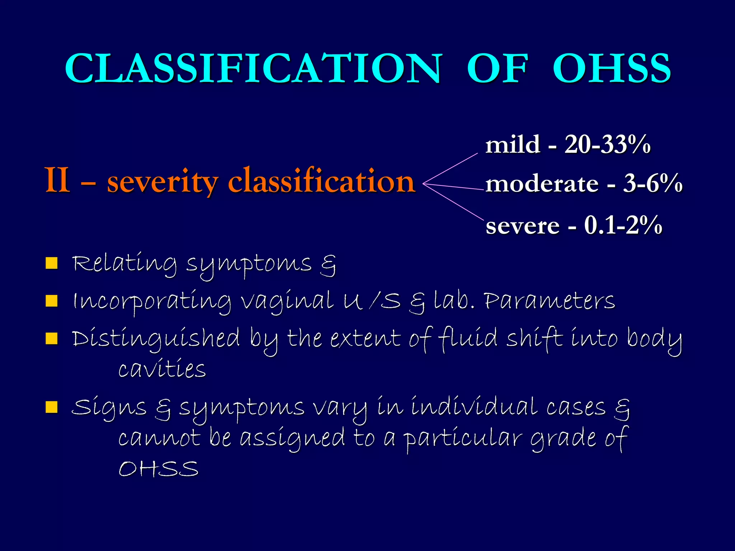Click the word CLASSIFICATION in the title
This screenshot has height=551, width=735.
253,68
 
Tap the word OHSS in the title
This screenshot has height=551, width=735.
611,68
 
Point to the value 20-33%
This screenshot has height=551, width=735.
607,145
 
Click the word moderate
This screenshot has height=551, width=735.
542,184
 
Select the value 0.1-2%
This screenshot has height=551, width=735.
623,226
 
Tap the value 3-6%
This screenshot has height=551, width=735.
652,183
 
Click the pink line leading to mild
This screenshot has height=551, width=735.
451,169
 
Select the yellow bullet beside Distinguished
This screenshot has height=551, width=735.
52,338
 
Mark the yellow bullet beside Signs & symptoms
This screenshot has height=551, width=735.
52,407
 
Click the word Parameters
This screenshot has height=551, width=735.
549,301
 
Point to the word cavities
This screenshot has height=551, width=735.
162,369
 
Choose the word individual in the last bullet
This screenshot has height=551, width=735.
474,407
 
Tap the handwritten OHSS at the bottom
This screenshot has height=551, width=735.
158,469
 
